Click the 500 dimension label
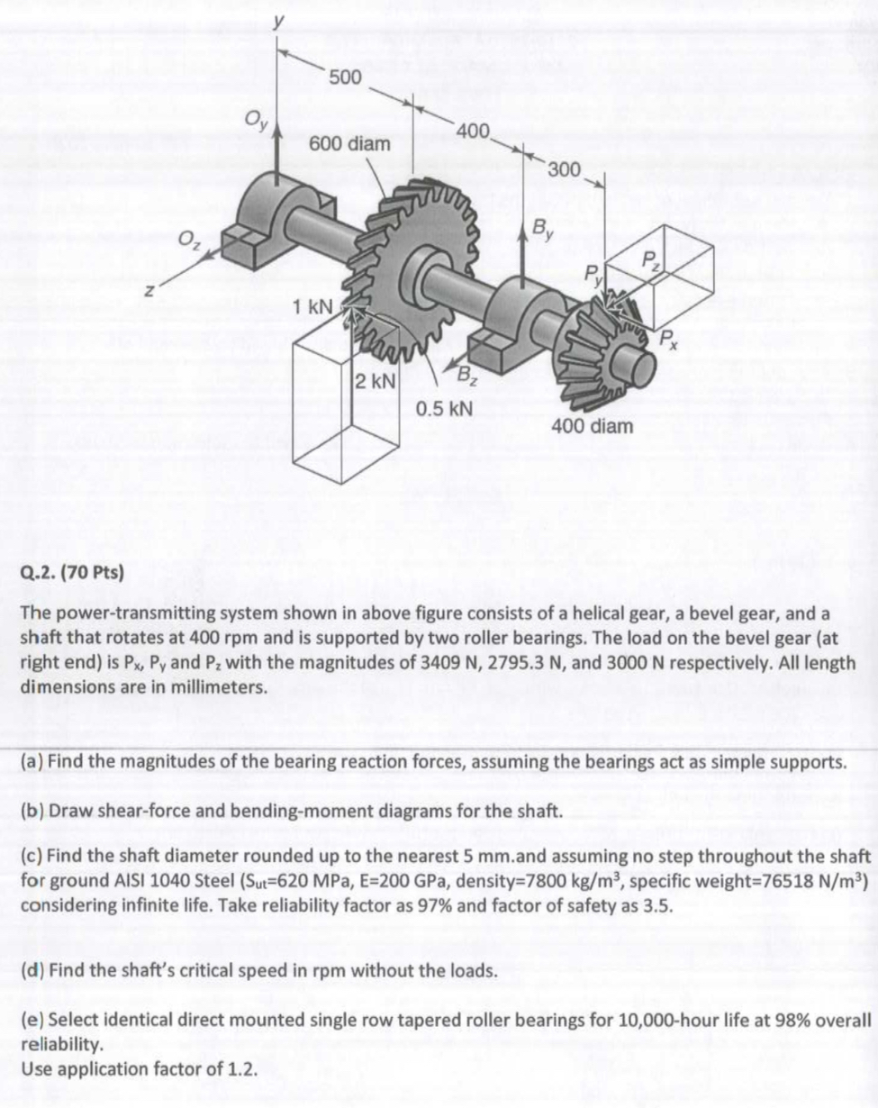[345, 77]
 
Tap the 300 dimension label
[564, 169]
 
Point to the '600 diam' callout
[349, 144]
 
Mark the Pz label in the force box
[651, 261]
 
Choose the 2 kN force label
[373, 380]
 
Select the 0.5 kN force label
[444, 407]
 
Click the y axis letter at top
[280, 18]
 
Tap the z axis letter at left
[155, 292]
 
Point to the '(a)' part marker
[32, 761]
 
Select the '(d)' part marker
[32, 970]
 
